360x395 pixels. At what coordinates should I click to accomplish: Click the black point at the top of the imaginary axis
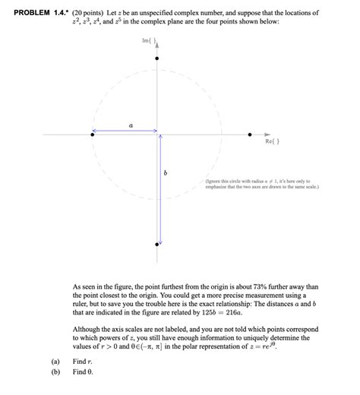157,58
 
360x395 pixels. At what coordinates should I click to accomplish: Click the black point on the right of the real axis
250,134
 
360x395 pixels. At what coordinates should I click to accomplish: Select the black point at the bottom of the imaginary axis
157,245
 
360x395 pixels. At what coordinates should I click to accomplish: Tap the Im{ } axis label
148,41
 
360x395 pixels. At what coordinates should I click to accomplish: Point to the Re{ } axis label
271,142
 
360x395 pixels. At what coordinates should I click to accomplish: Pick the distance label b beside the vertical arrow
166,174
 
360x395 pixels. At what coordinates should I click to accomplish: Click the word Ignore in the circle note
215,182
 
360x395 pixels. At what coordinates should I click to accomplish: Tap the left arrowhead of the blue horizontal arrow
94,131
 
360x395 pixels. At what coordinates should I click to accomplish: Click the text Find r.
82,362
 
